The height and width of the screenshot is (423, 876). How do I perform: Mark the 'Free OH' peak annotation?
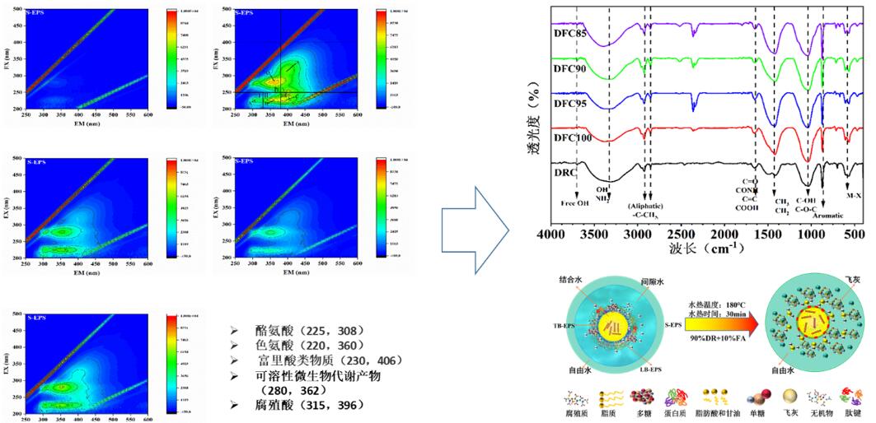point(575,203)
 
